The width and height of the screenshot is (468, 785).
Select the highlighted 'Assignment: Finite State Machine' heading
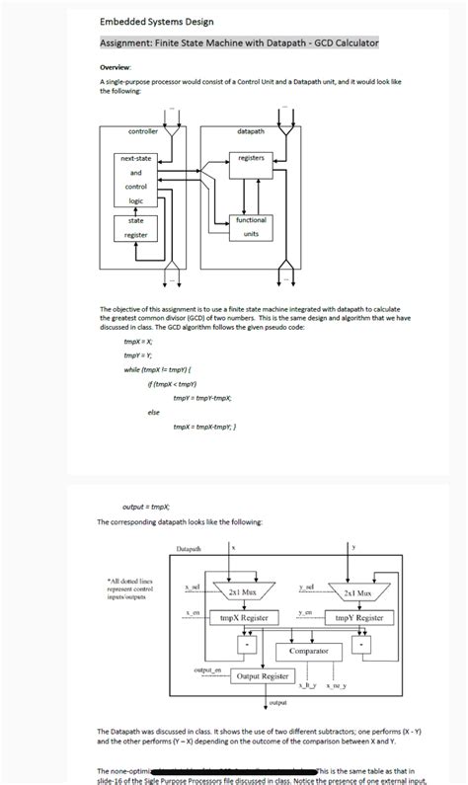click(x=239, y=43)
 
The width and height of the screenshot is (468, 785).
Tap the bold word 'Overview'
click(x=116, y=66)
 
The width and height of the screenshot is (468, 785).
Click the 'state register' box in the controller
click(x=135, y=228)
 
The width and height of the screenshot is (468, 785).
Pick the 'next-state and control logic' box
click(x=135, y=179)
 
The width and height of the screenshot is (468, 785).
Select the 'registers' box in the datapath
click(x=251, y=158)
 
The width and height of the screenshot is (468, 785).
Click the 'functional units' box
click(x=251, y=227)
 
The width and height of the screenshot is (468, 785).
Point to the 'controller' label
click(x=144, y=131)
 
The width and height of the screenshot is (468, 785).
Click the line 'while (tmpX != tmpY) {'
click(x=159, y=368)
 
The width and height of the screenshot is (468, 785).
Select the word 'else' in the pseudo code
click(x=153, y=412)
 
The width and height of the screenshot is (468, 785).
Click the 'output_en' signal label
click(x=205, y=670)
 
